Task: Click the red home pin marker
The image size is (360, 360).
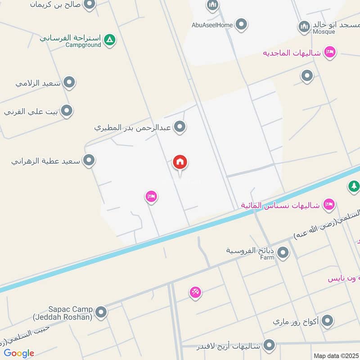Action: click(x=180, y=162)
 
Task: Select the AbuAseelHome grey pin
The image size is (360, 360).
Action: click(x=242, y=24)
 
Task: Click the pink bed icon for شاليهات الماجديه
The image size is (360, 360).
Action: click(x=330, y=52)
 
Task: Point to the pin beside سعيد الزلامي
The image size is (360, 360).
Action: click(x=69, y=82)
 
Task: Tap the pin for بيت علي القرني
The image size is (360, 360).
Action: click(x=67, y=110)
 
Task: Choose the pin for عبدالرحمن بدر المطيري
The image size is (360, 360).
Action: click(x=180, y=127)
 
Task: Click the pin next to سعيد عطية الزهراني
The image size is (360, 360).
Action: click(x=89, y=160)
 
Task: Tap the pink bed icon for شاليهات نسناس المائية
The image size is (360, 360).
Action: click(x=329, y=204)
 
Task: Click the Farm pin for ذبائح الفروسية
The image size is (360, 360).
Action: click(x=283, y=253)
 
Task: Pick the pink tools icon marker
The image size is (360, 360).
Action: click(x=195, y=292)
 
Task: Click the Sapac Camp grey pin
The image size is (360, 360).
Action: click(x=101, y=311)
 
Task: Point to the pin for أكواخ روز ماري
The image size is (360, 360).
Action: click(x=328, y=321)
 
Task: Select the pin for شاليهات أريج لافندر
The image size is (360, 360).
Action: click(x=269, y=346)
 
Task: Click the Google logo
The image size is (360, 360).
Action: click(x=19, y=353)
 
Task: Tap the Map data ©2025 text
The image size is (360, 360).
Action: click(x=336, y=355)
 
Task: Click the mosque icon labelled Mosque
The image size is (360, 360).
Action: click(x=304, y=27)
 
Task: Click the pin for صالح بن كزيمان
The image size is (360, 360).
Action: click(x=90, y=4)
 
